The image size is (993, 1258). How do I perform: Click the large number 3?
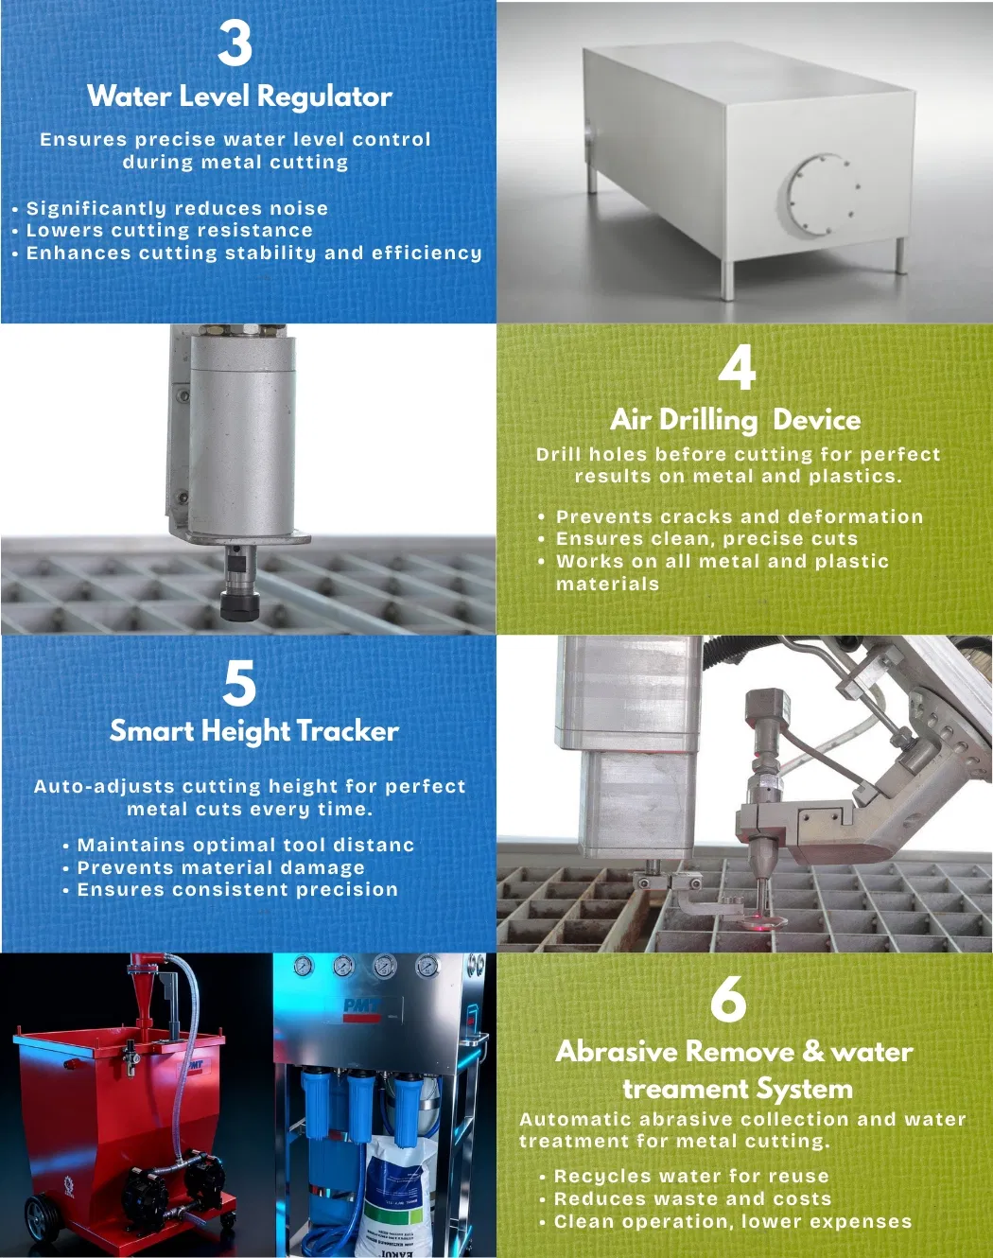235,43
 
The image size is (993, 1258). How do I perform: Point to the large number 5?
239,682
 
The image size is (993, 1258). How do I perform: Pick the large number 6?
728,999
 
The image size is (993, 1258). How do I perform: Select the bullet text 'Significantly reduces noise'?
177,208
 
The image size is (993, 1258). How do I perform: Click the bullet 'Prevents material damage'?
221,867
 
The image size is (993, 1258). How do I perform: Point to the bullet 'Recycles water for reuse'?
691,1176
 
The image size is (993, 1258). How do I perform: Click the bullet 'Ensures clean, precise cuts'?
706,538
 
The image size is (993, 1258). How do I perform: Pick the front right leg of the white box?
727,281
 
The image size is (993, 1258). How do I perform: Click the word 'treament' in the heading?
685,1089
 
